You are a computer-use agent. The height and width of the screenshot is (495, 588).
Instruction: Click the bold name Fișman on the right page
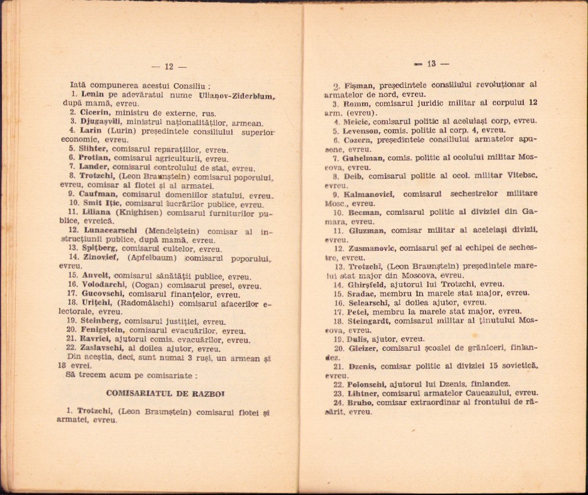tap(357, 85)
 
